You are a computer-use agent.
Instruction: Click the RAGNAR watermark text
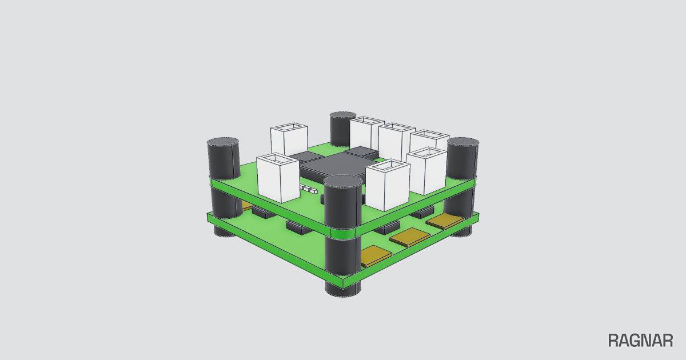point(640,341)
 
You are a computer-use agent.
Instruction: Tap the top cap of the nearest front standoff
point(342,181)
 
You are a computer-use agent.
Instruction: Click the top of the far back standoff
point(342,115)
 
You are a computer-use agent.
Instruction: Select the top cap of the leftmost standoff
point(222,142)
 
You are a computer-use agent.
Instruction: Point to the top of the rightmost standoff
point(462,142)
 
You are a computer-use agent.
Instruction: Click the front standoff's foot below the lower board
point(342,290)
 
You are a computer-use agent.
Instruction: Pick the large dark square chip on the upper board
point(334,167)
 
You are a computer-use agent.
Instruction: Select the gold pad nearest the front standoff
point(376,256)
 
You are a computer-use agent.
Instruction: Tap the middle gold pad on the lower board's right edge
point(410,237)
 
